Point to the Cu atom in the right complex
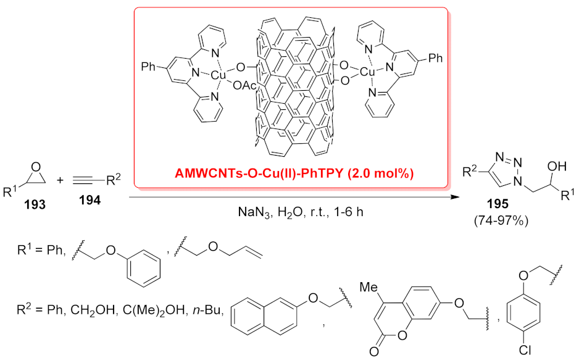368,72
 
